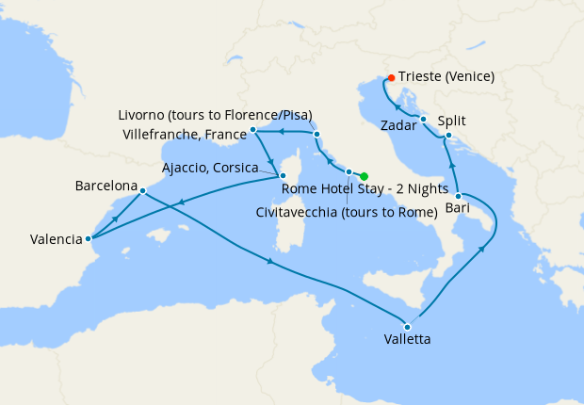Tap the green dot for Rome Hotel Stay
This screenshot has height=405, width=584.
364,175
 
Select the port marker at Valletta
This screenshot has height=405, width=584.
408,326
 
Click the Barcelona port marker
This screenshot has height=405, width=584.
142,191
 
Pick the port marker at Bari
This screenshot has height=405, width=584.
459,195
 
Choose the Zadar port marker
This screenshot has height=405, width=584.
424,119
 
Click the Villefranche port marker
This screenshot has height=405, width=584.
253,129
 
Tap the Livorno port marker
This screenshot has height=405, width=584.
316,135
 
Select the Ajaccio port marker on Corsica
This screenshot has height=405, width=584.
282,174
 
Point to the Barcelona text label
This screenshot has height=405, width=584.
106,186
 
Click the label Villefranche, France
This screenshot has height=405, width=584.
185,135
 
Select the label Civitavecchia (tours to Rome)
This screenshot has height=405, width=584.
347,212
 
